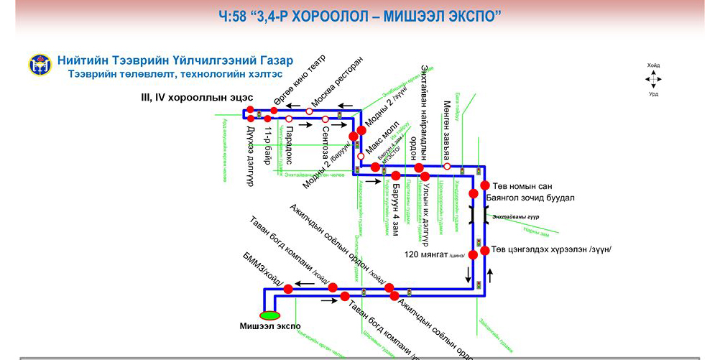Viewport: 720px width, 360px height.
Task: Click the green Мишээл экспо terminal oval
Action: pos(270,315)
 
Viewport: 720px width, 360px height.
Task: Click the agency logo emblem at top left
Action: pos(40,64)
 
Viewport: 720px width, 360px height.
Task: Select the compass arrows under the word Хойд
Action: pos(653,79)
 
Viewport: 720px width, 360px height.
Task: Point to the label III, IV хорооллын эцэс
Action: pos(198,96)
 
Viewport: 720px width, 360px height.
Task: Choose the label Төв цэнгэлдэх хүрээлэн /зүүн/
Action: pos(551,249)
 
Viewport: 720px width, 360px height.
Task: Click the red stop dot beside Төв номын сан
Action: pos(485,185)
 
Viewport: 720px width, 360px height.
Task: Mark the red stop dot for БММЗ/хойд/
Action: pos(287,289)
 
